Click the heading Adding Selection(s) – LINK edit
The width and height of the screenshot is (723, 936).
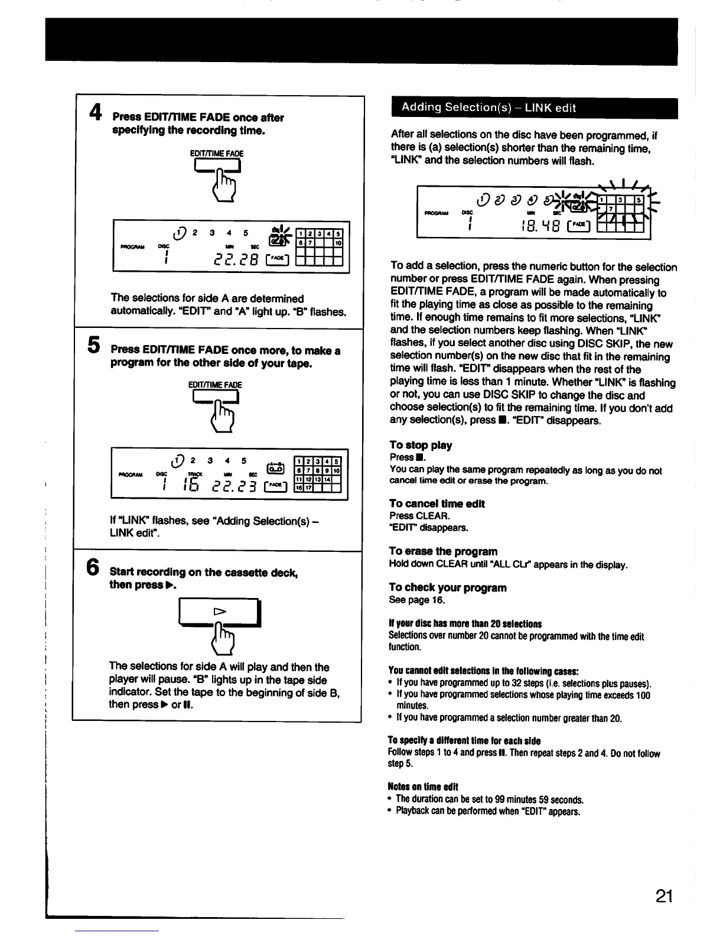tap(488, 108)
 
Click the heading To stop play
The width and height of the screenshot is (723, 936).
tap(421, 445)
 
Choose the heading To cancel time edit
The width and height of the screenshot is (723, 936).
tap(437, 503)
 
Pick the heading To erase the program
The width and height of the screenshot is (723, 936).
tap(443, 551)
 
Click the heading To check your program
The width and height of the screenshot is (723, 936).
tap(447, 587)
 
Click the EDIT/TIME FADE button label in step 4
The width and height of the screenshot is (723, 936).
tap(216, 154)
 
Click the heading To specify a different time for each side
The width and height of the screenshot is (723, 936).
tap(464, 741)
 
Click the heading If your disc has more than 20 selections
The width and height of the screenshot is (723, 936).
tap(465, 624)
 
